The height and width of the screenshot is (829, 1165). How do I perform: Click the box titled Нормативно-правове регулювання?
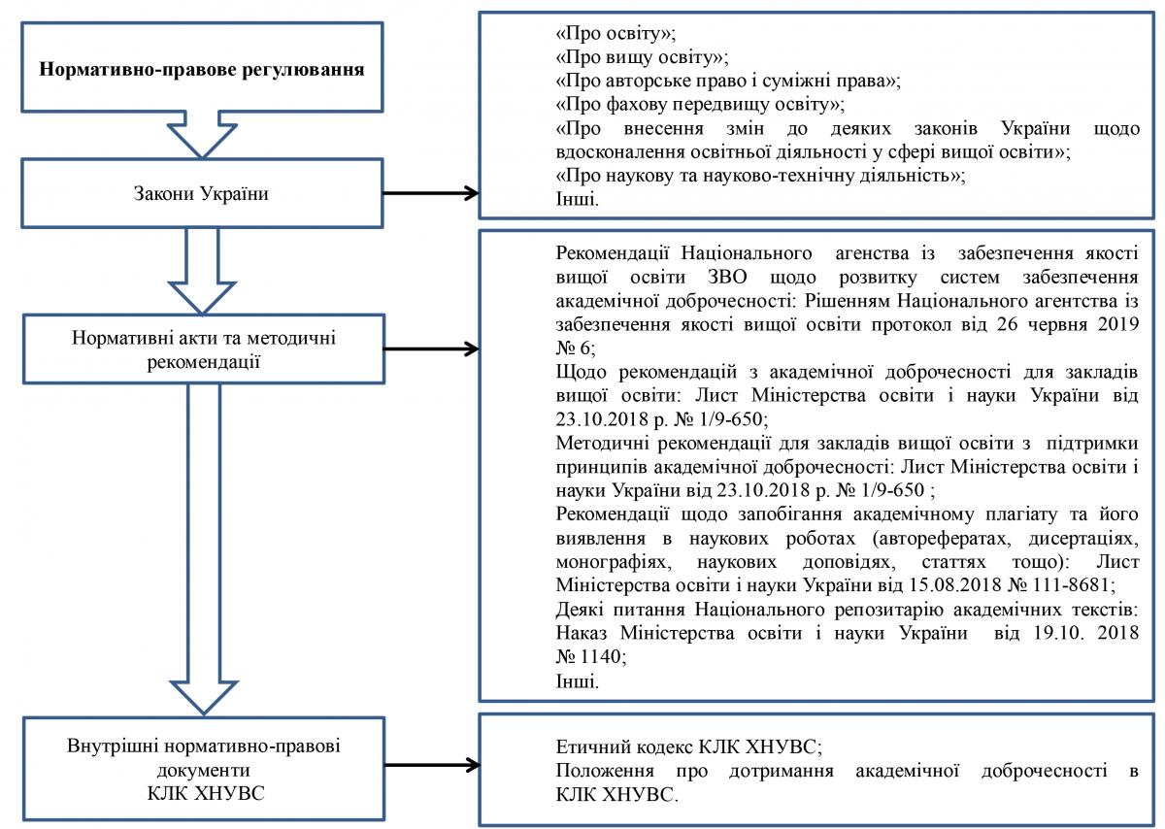pyautogui.click(x=202, y=67)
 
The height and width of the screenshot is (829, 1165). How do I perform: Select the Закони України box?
pyautogui.click(x=202, y=193)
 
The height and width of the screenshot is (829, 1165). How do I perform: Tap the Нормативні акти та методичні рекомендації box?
pyautogui.click(x=203, y=348)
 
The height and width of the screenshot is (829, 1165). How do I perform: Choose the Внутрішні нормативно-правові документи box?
pyautogui.click(x=203, y=769)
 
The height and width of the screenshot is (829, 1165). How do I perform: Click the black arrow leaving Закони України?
pyautogui.click(x=431, y=193)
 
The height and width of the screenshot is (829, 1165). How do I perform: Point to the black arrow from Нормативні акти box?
pyautogui.click(x=431, y=348)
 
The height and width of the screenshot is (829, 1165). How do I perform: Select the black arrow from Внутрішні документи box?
pyautogui.click(x=432, y=765)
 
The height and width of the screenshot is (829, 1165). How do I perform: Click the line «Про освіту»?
pyautogui.click(x=616, y=33)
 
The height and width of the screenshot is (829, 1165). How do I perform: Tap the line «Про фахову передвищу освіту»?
pyautogui.click(x=700, y=105)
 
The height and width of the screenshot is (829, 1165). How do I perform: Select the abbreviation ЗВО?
pyautogui.click(x=727, y=277)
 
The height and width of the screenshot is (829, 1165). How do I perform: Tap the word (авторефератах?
pyautogui.click(x=942, y=539)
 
